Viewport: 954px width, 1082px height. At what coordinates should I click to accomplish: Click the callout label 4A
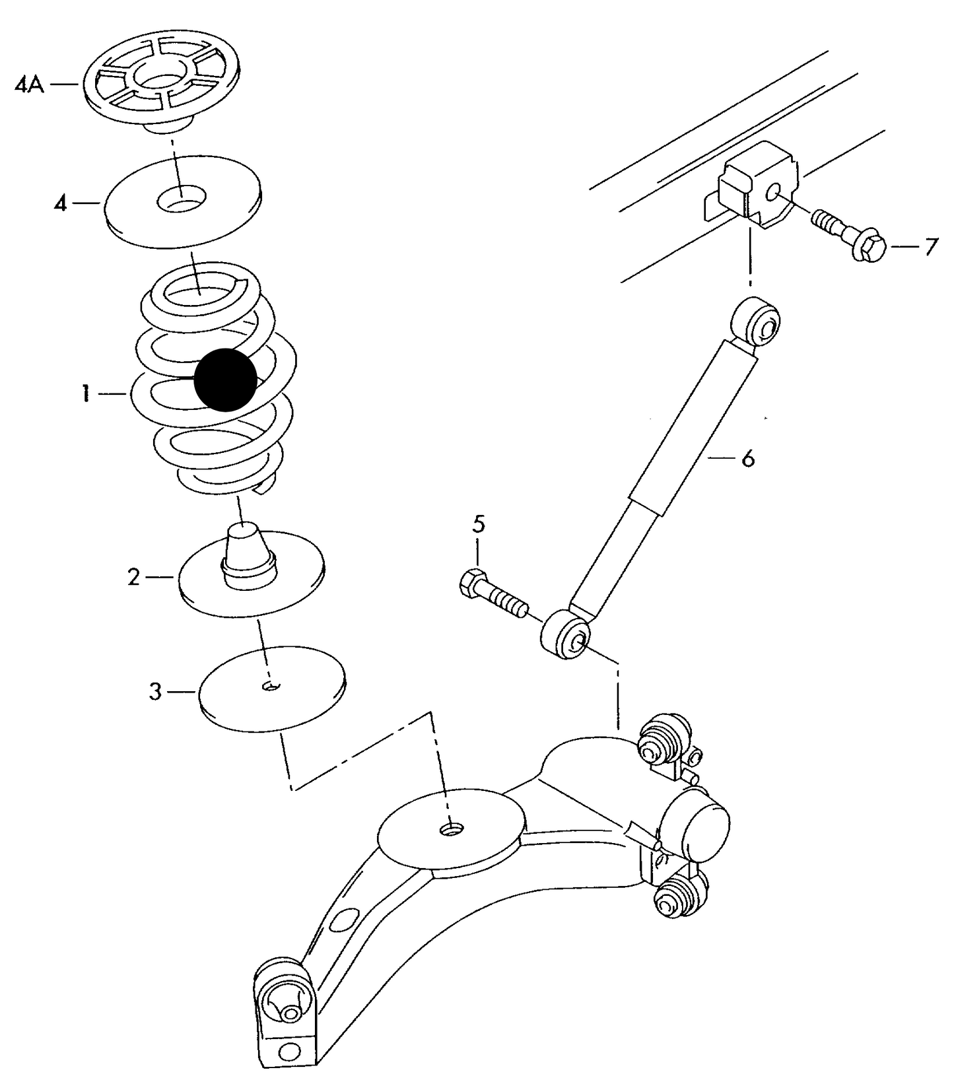click(29, 86)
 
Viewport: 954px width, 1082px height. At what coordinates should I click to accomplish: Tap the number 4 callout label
click(61, 204)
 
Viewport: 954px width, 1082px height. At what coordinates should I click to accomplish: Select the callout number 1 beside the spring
click(86, 395)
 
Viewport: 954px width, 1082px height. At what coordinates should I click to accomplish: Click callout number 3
click(155, 693)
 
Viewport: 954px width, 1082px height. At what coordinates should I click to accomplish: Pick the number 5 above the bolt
click(479, 525)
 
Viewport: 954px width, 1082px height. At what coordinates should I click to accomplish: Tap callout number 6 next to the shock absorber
click(747, 458)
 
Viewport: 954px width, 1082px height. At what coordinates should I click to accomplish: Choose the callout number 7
click(931, 247)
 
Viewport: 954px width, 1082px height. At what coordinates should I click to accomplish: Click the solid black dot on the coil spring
click(225, 380)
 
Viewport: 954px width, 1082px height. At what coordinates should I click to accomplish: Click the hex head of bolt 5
click(471, 583)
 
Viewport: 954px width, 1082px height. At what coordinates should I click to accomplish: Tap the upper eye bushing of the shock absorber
click(759, 322)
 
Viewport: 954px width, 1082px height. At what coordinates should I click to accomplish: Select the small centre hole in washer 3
click(271, 687)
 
